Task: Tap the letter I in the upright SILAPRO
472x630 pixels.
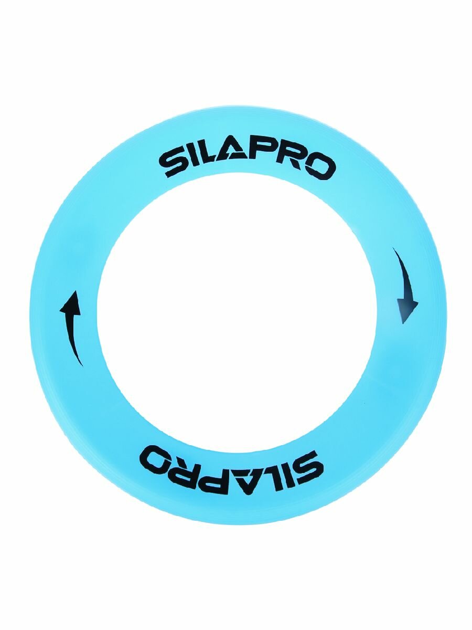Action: (196, 161)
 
